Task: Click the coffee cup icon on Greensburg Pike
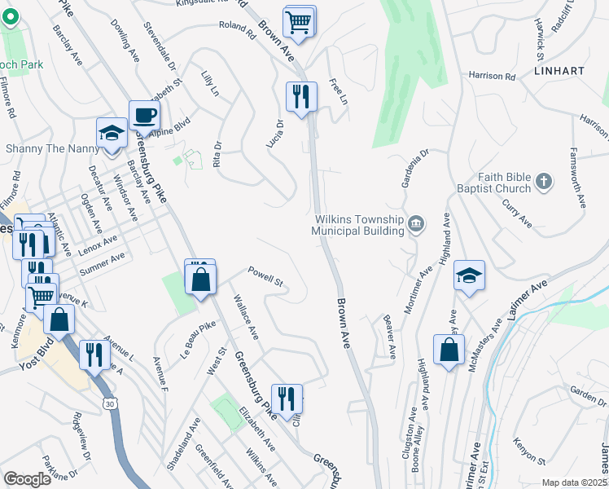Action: coord(144,115)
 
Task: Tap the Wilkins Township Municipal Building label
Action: coord(359,225)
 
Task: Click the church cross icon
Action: coord(545,181)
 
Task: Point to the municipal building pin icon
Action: coord(416,223)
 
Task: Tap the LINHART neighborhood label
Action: coord(559,71)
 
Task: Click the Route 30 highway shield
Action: coord(109,403)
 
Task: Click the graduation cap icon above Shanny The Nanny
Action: coord(112,133)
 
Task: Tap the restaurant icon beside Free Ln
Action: coord(301,96)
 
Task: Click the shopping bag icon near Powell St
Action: coord(200,279)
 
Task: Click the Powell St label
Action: coord(265,277)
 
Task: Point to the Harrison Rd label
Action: coord(492,77)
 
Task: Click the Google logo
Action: coord(27,479)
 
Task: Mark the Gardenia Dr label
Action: coord(414,168)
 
